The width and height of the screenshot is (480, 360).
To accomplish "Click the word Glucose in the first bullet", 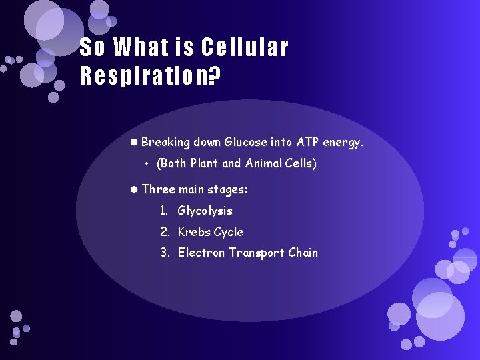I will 247,142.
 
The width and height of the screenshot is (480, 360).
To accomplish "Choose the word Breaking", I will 166,142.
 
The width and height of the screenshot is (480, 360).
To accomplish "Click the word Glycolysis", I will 205,211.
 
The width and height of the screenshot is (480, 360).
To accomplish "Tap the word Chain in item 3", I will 303,253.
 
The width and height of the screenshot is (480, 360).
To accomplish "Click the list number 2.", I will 163,232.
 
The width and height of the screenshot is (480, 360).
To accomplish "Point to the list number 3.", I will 163,253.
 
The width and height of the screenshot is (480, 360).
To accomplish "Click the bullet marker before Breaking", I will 134,142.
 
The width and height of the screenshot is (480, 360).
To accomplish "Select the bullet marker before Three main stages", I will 134,189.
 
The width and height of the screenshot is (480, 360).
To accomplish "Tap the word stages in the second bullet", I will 227,190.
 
